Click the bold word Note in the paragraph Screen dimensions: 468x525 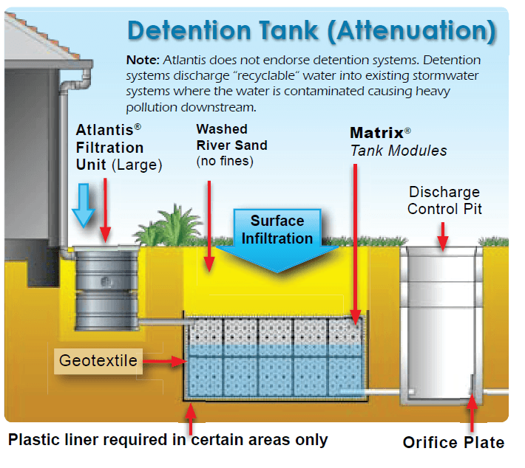(x=142, y=61)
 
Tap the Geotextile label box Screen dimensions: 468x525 (x=98, y=361)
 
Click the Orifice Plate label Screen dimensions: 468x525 (x=453, y=442)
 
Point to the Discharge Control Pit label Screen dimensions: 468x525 (x=444, y=200)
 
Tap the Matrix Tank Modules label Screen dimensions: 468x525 (x=398, y=142)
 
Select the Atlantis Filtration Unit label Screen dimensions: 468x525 (x=118, y=148)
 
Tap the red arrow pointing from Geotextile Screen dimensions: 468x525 (x=167, y=361)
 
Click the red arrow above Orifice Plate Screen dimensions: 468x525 (x=471, y=410)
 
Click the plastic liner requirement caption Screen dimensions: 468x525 (x=168, y=440)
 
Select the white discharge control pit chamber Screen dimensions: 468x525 (x=441, y=325)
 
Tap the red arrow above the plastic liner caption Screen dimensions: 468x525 (x=192, y=419)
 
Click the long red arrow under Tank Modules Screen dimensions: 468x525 (x=356, y=244)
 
